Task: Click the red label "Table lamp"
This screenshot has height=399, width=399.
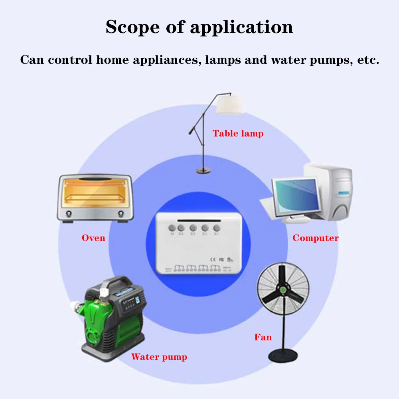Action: point(238,133)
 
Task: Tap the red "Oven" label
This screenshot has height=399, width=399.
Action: point(93,238)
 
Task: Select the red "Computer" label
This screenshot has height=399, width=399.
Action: point(315,238)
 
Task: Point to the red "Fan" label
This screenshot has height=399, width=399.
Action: point(263,337)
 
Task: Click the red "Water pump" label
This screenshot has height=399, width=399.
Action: point(159,357)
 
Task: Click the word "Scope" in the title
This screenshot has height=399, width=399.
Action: point(134,27)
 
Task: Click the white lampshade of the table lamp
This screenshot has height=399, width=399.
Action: point(230,105)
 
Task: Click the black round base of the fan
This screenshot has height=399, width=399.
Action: point(283,354)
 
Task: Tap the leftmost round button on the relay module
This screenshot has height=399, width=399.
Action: point(172,228)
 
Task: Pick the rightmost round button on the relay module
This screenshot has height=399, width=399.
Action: point(217,228)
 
